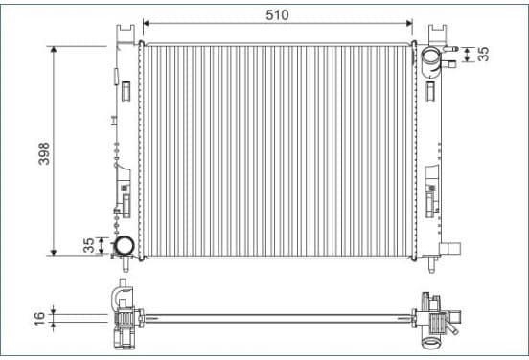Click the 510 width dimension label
[277, 14]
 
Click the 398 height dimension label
[44, 154]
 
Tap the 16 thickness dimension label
[39, 319]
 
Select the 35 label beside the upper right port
[484, 54]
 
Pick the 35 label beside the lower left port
[89, 245]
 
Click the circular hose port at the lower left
[124, 246]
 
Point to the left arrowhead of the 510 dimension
[146, 23]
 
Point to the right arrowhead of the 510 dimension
[409, 23]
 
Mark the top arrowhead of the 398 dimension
[54, 49]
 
